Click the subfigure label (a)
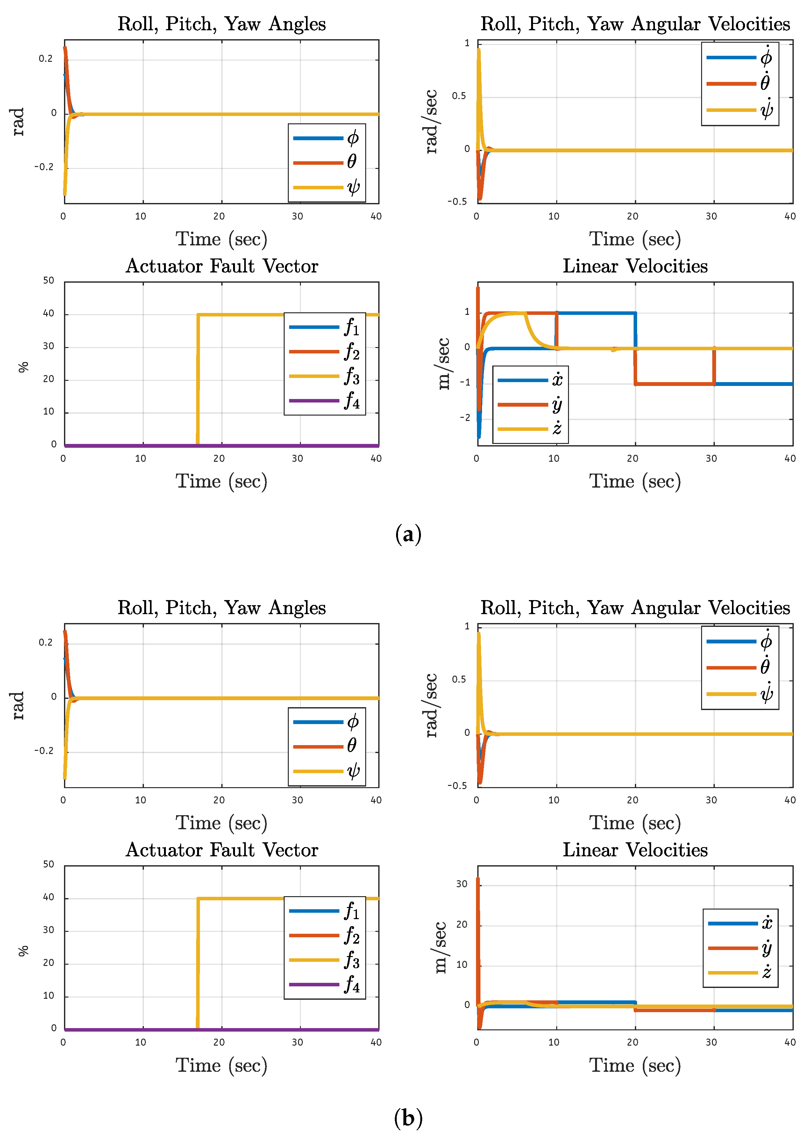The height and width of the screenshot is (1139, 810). pos(408,534)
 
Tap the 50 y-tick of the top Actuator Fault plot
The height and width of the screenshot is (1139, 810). pos(48,280)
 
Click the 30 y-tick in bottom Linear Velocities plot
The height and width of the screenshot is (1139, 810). pos(461,884)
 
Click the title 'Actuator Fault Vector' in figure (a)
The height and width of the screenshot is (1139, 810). pos(222,266)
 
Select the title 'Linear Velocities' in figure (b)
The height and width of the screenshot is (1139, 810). pos(635,850)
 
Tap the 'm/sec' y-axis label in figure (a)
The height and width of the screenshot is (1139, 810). pos(443,364)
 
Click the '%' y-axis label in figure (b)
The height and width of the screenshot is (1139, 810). pos(23,951)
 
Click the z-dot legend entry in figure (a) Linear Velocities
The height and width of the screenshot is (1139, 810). pos(530,429)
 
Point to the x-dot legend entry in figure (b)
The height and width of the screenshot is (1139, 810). pos(740,923)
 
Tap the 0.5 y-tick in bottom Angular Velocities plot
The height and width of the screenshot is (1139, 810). pos(459,679)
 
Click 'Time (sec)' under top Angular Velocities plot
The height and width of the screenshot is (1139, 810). pos(635,239)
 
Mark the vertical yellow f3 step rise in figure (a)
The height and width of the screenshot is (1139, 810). pos(198,379)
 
